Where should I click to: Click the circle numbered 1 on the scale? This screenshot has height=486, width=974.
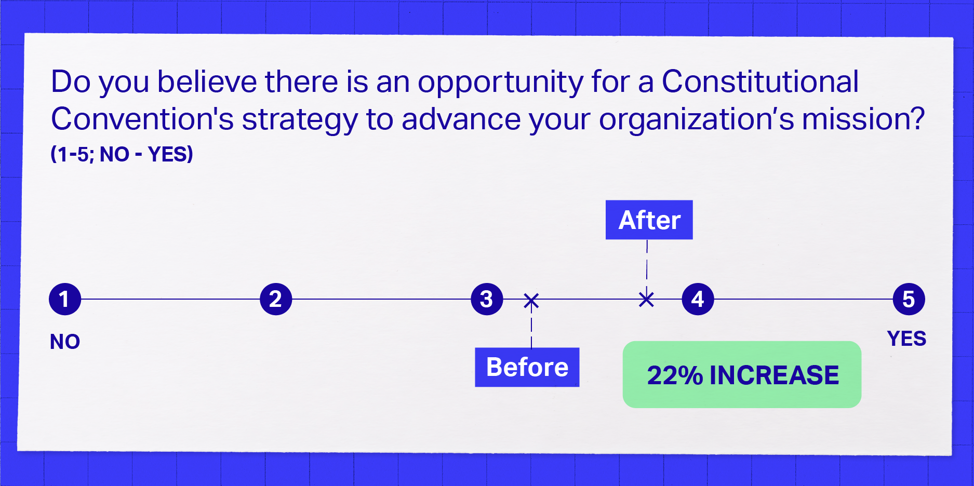(x=65, y=299)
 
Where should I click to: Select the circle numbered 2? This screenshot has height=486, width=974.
(x=276, y=299)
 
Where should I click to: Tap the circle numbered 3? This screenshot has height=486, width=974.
(x=487, y=299)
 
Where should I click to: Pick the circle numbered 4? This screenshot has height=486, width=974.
(x=698, y=299)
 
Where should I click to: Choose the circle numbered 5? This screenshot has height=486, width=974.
(x=909, y=299)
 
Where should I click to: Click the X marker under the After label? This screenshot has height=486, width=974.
(x=646, y=299)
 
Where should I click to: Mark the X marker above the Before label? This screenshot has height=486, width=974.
(x=531, y=301)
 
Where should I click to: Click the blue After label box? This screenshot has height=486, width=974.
(x=649, y=220)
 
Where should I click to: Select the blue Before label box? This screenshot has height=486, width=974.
(x=527, y=367)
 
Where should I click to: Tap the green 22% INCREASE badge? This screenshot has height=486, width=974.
(x=742, y=374)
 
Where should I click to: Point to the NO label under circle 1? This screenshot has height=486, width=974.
(x=65, y=342)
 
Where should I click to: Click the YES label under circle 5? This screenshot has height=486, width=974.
(x=906, y=339)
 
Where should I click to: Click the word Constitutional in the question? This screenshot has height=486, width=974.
(x=760, y=82)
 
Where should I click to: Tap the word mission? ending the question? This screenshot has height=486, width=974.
(x=863, y=119)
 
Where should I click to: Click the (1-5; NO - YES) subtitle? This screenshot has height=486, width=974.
(x=122, y=154)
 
